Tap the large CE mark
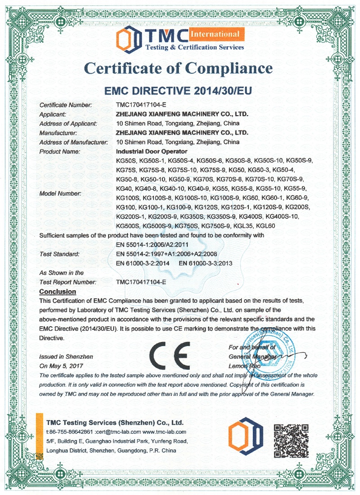(x=170, y=355)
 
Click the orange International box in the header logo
(x=215, y=34)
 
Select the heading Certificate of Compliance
(x=179, y=68)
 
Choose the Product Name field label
(x=60, y=152)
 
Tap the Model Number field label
(x=61, y=193)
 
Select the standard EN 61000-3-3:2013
(x=206, y=263)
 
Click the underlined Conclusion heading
(x=58, y=292)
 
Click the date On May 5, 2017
(x=61, y=366)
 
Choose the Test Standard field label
(x=59, y=254)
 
